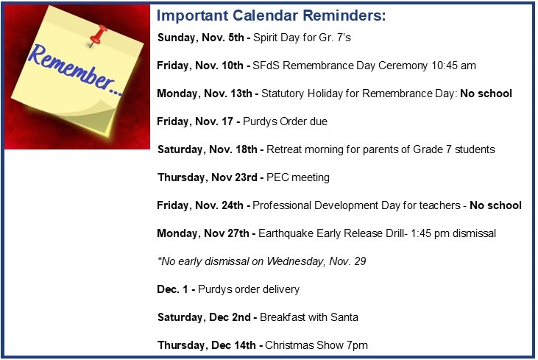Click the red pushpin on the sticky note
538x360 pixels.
coord(98,35)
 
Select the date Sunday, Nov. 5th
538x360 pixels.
coord(201,38)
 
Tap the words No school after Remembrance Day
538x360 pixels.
coord(486,93)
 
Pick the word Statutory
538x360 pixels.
coord(283,93)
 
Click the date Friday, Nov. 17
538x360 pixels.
coord(195,121)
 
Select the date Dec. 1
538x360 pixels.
coord(172,289)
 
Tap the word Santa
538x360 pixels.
coord(344,317)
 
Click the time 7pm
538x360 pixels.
coord(357,345)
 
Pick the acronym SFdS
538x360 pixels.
coord(266,66)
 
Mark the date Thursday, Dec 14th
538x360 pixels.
coord(207,345)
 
